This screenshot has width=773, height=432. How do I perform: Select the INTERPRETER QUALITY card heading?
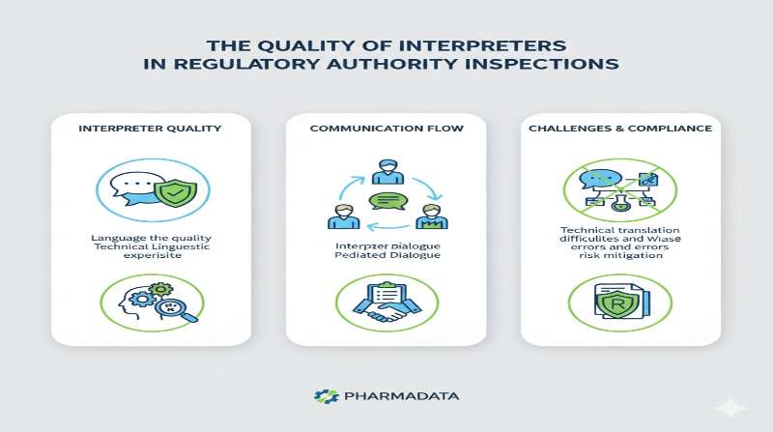point(150,128)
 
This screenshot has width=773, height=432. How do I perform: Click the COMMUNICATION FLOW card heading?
point(385,128)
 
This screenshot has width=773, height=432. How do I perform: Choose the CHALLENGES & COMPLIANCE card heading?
point(620,128)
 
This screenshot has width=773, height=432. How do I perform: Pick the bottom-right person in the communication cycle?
point(431,216)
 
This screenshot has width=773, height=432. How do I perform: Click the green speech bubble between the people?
point(385,202)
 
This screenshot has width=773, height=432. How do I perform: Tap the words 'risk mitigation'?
point(620,256)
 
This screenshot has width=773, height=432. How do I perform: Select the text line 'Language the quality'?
point(150,237)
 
